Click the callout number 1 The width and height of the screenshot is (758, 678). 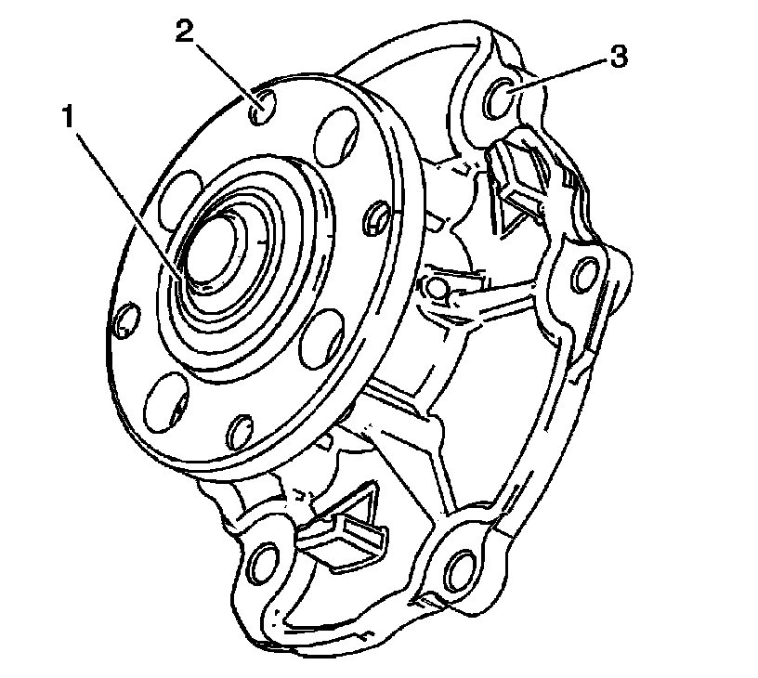pyautogui.click(x=67, y=119)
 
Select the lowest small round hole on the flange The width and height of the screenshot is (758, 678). pyautogui.click(x=240, y=429)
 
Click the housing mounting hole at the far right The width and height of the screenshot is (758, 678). pyautogui.click(x=584, y=274)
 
